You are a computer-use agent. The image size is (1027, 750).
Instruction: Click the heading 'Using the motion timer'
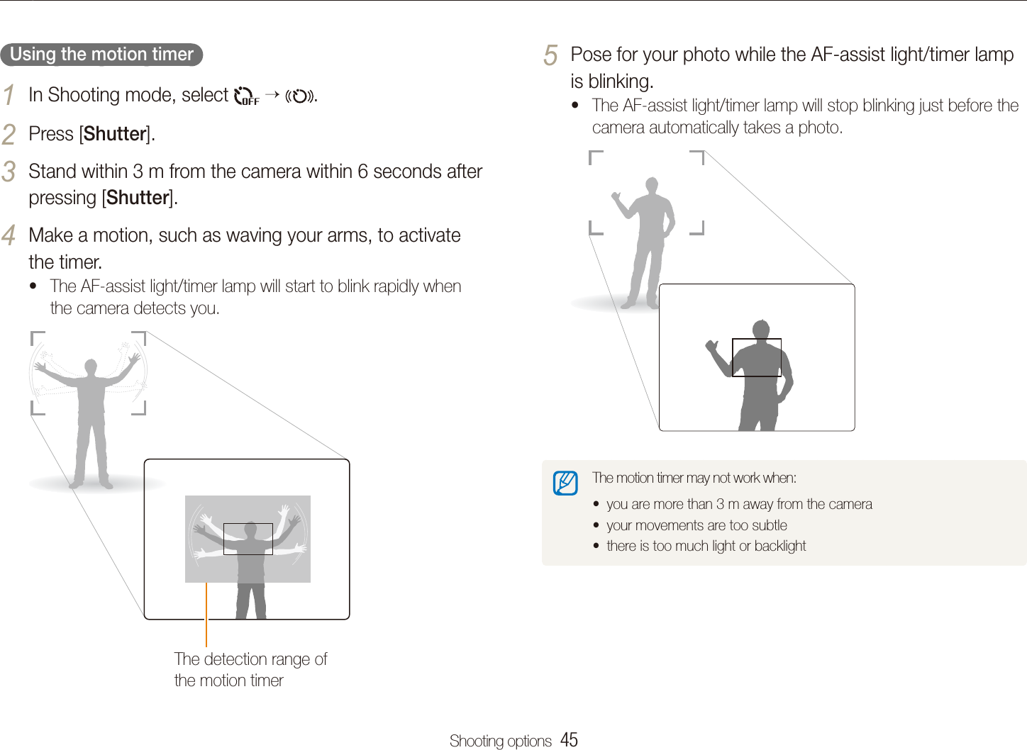pos(101,55)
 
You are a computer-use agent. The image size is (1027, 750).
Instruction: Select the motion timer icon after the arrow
pos(300,96)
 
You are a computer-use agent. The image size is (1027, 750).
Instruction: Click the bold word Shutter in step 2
pos(115,134)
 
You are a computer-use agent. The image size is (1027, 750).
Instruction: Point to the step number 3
pos(9,172)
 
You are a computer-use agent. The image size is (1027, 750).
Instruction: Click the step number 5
pos(550,55)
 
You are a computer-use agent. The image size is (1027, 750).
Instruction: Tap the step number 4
pos(9,235)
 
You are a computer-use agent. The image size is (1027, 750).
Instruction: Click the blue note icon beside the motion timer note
pos(565,483)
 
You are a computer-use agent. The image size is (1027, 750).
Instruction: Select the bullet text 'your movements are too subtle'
pos(696,525)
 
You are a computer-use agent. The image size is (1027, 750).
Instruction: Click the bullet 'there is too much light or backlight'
pos(706,546)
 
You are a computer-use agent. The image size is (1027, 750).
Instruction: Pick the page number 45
pos(569,739)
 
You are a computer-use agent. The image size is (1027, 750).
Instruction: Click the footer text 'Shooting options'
pos(500,741)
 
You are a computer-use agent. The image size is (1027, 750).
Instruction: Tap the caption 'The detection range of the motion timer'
pos(250,669)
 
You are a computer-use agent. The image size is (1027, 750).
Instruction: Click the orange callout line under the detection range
pos(206,614)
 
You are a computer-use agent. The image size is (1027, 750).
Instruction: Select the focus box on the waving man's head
pos(248,539)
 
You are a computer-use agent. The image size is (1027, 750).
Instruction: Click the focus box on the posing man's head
pos(756,357)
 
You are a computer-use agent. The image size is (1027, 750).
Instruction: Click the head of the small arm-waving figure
pos(90,366)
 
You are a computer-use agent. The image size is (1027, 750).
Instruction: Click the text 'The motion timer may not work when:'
pos(694,478)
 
